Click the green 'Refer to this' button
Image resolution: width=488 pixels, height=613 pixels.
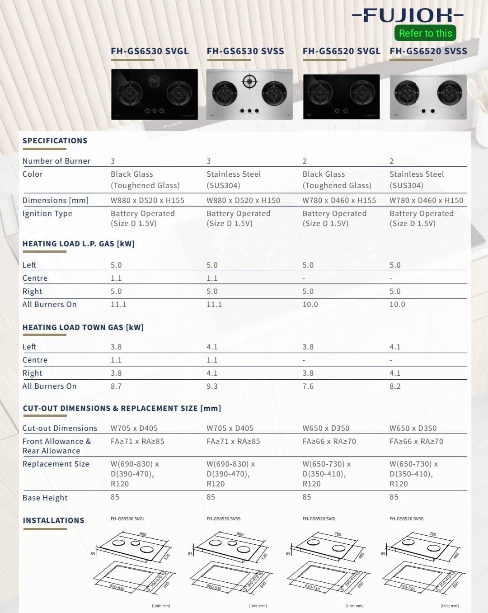click(425, 33)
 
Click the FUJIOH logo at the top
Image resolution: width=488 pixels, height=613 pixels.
click(408, 15)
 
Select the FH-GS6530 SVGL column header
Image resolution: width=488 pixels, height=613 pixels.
click(150, 51)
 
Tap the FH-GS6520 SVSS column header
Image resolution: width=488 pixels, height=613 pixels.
click(428, 51)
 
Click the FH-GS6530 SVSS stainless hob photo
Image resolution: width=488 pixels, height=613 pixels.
click(249, 94)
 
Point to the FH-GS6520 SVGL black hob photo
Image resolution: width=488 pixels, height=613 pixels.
click(341, 97)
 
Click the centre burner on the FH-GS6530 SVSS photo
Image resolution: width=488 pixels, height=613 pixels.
click(249, 82)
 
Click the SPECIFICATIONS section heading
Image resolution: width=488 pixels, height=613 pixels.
click(55, 141)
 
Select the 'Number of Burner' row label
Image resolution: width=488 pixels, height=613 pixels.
click(56, 161)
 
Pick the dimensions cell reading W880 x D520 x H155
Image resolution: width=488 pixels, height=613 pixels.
click(147, 200)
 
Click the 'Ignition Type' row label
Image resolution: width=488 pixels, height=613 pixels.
click(47, 213)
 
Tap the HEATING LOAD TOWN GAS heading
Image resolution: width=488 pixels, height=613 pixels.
click(83, 327)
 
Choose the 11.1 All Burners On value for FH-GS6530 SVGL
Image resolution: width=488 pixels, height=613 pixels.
click(118, 304)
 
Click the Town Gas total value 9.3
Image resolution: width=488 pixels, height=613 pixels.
click(212, 386)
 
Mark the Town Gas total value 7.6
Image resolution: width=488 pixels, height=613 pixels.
click(308, 386)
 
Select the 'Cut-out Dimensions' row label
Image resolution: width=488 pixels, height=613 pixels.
click(60, 428)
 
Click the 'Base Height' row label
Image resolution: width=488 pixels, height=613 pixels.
click(45, 498)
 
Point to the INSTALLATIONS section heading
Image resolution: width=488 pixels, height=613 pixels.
click(54, 520)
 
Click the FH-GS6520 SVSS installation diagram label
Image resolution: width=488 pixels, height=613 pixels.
click(407, 519)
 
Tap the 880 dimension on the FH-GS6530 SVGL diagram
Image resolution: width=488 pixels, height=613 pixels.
click(143, 534)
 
